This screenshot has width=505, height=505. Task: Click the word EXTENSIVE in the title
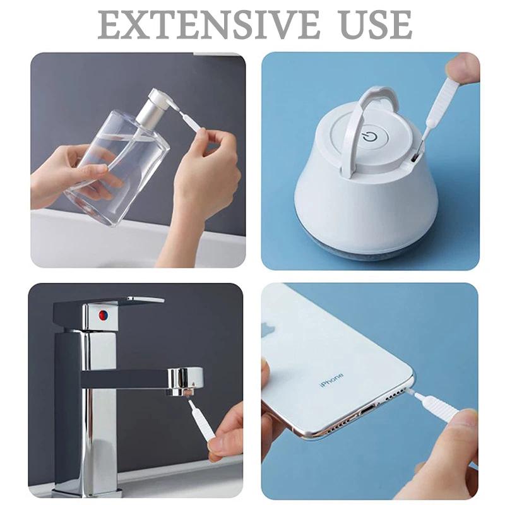coord(209,25)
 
